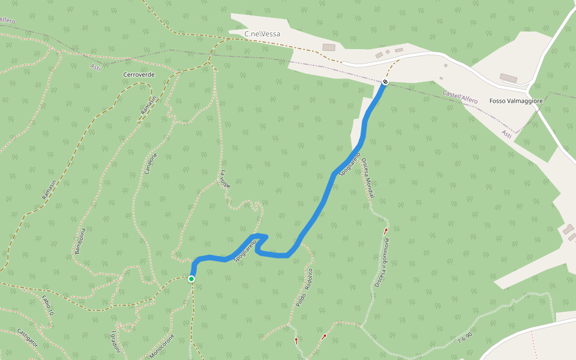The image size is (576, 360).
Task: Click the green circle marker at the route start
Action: point(191,278)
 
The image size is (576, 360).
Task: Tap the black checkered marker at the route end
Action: point(385,82)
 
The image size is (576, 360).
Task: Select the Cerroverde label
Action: point(139,74)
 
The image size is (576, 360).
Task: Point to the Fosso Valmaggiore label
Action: point(516,101)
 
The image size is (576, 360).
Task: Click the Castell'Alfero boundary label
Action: point(460,97)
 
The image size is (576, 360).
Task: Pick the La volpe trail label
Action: point(225,179)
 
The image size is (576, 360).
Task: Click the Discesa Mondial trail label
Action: point(368,179)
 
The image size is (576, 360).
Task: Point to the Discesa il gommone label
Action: point(382,263)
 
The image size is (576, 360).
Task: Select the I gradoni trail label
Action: point(115,342)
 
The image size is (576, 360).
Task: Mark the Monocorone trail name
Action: point(161,347)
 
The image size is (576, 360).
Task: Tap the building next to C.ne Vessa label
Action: point(328,47)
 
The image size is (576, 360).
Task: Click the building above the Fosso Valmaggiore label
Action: point(508,78)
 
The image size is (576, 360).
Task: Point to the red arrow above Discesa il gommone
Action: point(386,230)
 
